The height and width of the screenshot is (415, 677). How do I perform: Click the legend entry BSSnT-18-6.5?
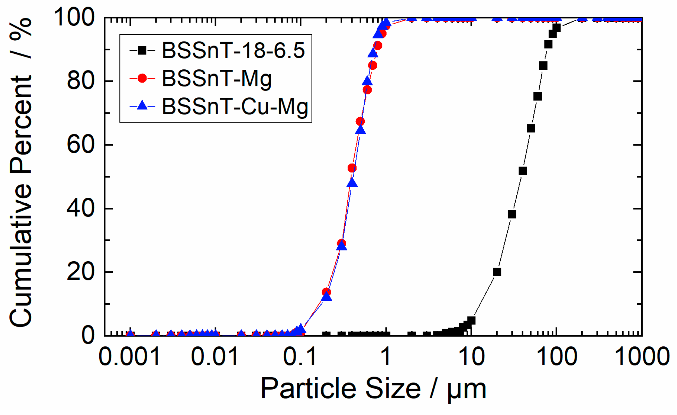pos(233,51)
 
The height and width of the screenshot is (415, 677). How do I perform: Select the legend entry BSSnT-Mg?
pos(217,78)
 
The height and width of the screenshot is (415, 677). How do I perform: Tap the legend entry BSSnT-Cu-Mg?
pos(235,106)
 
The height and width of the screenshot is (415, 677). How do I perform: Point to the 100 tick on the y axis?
pos(74,17)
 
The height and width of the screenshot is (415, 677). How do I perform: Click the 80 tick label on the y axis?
pos(81,81)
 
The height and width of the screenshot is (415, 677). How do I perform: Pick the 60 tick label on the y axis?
pos(81,145)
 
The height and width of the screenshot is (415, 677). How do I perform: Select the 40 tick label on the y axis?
pos(81,209)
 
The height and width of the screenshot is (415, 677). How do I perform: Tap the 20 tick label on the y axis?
pos(81,272)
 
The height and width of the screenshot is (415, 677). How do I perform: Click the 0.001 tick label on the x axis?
pos(129,356)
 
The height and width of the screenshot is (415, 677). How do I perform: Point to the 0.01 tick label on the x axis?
pos(215,356)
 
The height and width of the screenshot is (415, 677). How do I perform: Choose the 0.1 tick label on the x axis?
pos(300,356)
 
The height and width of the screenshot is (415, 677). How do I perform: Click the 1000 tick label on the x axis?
pos(642,356)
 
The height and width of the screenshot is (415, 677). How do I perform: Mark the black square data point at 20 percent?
pos(497,272)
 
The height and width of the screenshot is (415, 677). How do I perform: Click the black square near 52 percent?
pos(523,171)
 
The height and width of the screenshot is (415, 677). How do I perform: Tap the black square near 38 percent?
pos(512,214)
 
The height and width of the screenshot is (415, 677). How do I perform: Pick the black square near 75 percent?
pos(538,96)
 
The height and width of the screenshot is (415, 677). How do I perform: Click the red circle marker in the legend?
pos(142,78)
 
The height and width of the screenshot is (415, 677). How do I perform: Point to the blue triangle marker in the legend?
pos(142,105)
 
